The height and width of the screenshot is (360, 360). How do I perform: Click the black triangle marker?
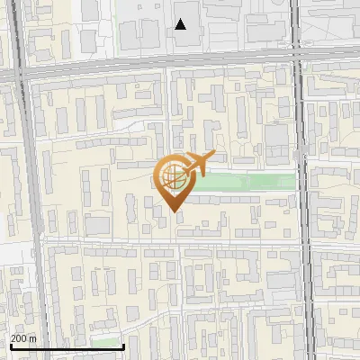(181, 24)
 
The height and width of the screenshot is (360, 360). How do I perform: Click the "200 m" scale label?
(23, 337)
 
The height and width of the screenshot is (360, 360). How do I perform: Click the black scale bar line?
(67, 346)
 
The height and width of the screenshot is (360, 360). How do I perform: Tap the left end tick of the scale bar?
(10, 345)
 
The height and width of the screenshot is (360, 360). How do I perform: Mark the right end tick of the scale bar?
(123, 345)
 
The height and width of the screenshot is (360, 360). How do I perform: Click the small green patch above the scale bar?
(106, 342)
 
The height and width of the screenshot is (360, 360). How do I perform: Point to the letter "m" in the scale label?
(32, 337)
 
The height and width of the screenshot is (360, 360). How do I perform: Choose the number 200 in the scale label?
(19, 337)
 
